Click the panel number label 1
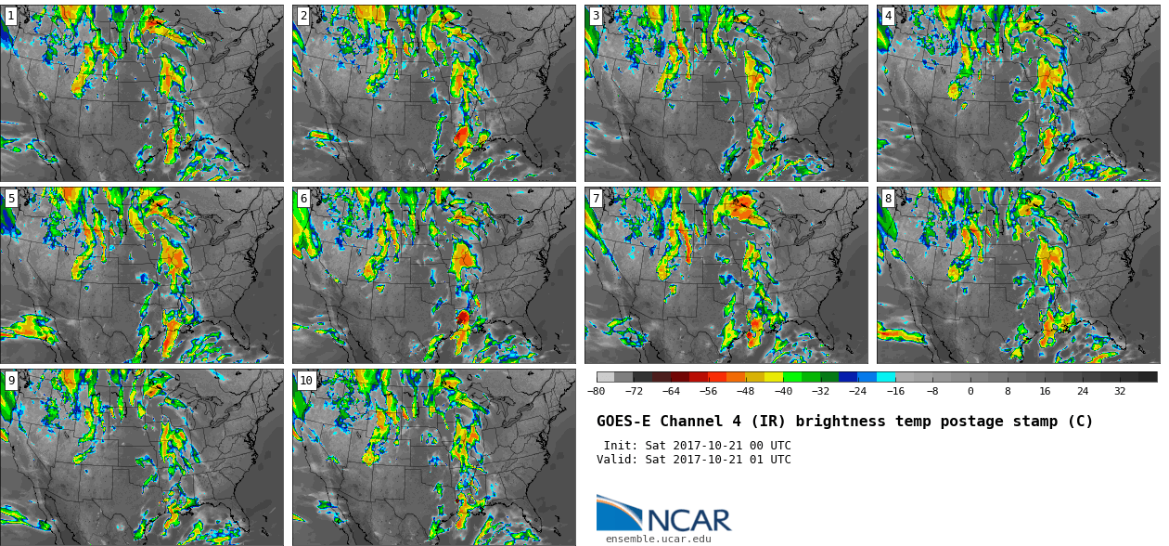tap(11, 16)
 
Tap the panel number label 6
tap(303, 199)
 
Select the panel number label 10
tap(306, 381)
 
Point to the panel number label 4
tap(888, 16)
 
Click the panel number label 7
tap(596, 199)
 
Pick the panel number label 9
tap(11, 381)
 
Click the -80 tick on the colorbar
tap(597, 391)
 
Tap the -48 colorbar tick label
tap(746, 391)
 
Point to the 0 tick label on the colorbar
tap(970, 391)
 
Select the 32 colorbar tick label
tap(1120, 391)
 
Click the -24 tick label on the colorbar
tap(858, 391)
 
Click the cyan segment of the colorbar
tap(886, 377)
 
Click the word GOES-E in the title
tap(623, 422)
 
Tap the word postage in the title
tap(971, 422)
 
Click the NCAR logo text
tap(689, 520)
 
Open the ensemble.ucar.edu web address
tap(659, 539)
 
